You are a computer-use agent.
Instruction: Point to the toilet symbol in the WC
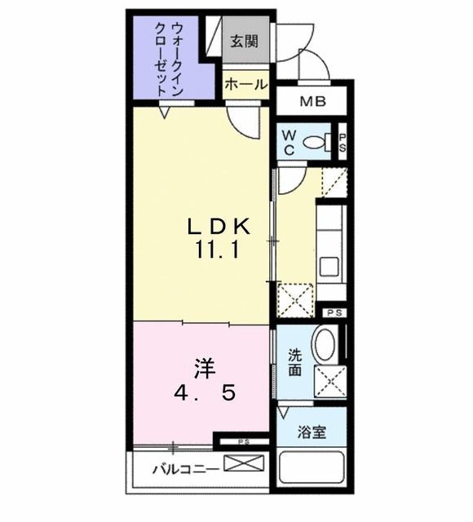(316, 142)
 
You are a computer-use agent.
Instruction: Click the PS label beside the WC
(343, 142)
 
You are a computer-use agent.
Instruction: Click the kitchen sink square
(330, 266)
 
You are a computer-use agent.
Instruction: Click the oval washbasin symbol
(323, 346)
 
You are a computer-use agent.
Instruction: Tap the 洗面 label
(294, 362)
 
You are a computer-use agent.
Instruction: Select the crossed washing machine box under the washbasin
(330, 382)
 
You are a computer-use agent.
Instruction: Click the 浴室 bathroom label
(310, 431)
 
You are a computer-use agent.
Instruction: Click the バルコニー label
(185, 470)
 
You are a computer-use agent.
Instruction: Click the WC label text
(290, 142)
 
